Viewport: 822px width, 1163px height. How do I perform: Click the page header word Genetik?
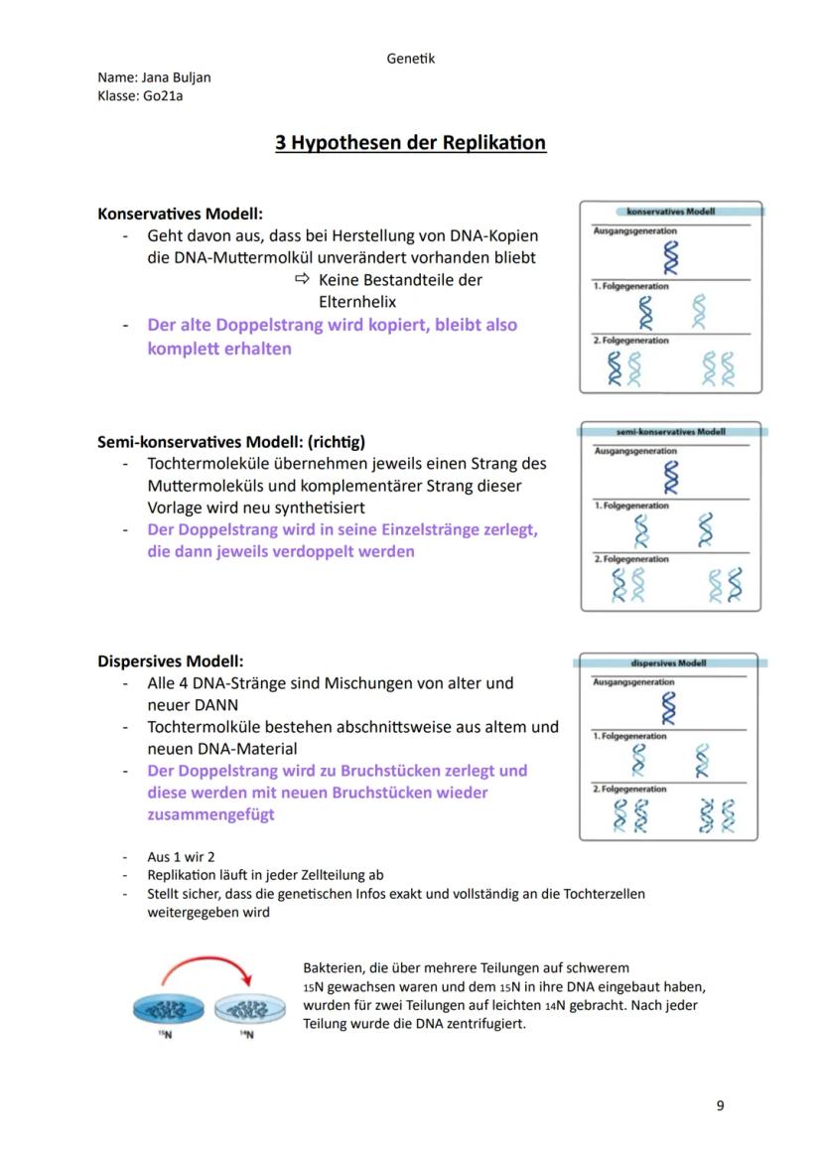[x=410, y=59]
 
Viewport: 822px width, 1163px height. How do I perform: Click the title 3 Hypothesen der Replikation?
[x=410, y=143]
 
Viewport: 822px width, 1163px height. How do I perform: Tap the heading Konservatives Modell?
[x=180, y=214]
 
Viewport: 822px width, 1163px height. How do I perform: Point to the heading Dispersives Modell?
[x=170, y=661]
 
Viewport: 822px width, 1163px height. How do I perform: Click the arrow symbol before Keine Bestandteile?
[x=303, y=280]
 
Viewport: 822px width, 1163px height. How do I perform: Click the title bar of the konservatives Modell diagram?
[x=671, y=212]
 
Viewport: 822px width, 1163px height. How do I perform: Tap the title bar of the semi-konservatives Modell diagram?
[x=671, y=432]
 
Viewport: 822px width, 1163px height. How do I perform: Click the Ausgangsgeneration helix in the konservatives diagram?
[x=672, y=257]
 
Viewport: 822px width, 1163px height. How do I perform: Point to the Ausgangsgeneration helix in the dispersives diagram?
[x=671, y=708]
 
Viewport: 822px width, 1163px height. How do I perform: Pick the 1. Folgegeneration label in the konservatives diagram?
[x=631, y=286]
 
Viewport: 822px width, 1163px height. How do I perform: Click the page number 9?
[x=720, y=1105]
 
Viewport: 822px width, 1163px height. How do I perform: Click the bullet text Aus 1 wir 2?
[x=181, y=856]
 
